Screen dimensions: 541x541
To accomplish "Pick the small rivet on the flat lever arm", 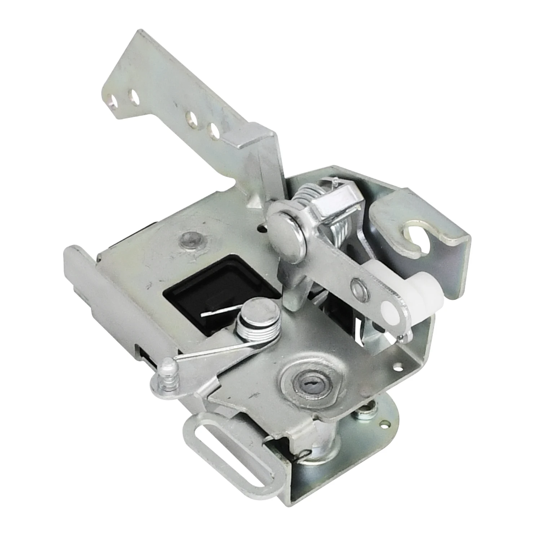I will pos(357,286).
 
